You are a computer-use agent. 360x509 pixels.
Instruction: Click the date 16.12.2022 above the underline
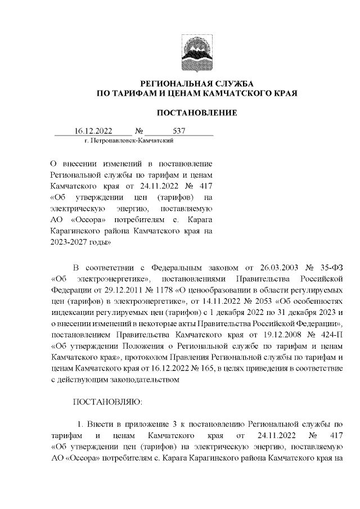[x=93, y=132]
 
